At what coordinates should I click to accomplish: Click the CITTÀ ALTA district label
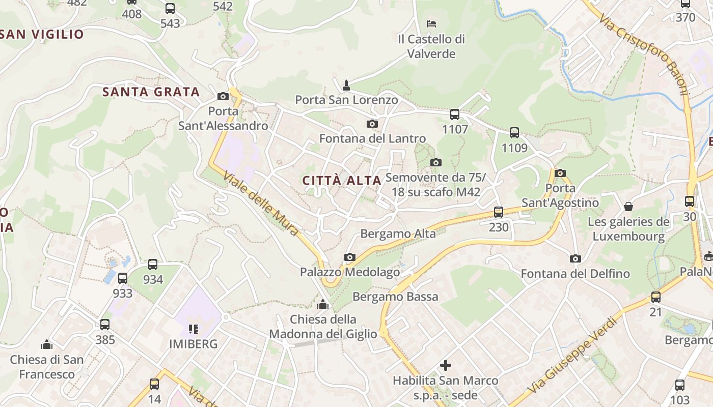pyautogui.click(x=342, y=181)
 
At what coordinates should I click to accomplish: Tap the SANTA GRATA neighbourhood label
pyautogui.click(x=151, y=92)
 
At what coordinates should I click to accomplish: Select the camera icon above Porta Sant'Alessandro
pyautogui.click(x=223, y=96)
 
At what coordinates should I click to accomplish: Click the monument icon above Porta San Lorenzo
pyautogui.click(x=346, y=85)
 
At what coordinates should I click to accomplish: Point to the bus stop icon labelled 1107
pyautogui.click(x=455, y=114)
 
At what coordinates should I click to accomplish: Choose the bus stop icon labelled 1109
pyautogui.click(x=514, y=133)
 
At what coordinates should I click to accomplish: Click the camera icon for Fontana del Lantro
pyautogui.click(x=372, y=124)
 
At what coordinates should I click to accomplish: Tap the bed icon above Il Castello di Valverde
pyautogui.click(x=431, y=23)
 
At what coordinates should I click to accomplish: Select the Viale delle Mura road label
pyautogui.click(x=261, y=204)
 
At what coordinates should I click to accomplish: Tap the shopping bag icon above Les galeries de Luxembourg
pyautogui.click(x=628, y=207)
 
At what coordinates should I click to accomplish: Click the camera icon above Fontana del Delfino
pyautogui.click(x=575, y=258)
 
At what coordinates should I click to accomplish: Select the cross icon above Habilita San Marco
pyautogui.click(x=446, y=365)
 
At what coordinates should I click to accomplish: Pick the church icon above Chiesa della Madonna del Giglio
pyautogui.click(x=323, y=305)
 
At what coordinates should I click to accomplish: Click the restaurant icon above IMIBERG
pyautogui.click(x=193, y=329)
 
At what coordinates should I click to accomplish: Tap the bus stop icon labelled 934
pyautogui.click(x=153, y=265)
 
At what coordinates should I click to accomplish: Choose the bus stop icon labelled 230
pyautogui.click(x=499, y=212)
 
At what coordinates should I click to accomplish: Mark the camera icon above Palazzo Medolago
pyautogui.click(x=349, y=257)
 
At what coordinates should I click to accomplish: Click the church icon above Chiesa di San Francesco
pyautogui.click(x=47, y=344)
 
